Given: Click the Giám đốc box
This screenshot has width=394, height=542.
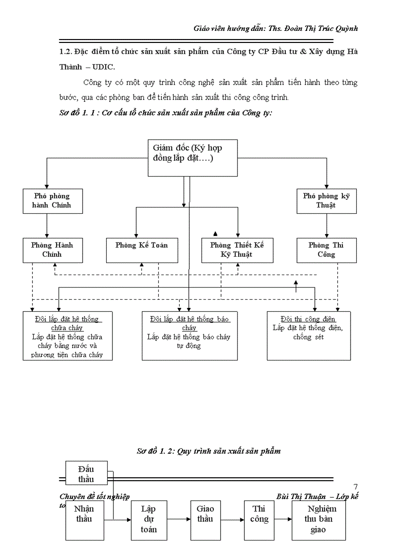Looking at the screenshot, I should tap(192, 158).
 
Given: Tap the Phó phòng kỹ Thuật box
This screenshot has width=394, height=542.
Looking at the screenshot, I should tap(326, 201).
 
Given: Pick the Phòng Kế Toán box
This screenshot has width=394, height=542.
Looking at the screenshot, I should tap(141, 250).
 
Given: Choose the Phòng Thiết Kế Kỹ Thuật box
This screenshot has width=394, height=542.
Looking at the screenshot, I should tap(237, 250).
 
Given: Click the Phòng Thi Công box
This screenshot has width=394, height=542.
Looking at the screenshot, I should tap(326, 250).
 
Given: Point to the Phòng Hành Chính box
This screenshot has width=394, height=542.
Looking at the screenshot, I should tap(52, 250).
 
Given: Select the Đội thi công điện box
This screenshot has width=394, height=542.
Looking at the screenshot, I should tap(309, 335).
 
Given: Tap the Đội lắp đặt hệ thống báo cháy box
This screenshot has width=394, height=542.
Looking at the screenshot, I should tap(189, 335).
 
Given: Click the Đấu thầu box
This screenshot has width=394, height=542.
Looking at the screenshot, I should tap(86, 473).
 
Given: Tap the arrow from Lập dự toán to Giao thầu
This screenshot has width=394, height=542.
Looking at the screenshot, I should tap(177, 520).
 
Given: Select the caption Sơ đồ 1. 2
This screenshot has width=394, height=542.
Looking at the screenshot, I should tap(155, 451).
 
